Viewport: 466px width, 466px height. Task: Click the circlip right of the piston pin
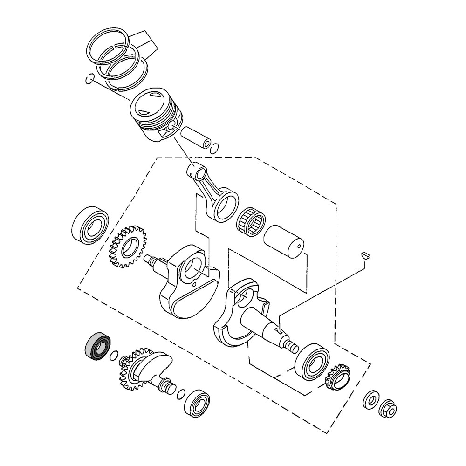click(x=214, y=148)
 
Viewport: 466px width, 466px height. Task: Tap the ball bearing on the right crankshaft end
click(x=313, y=361)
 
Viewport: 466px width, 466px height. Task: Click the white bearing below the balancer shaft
click(x=197, y=402)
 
